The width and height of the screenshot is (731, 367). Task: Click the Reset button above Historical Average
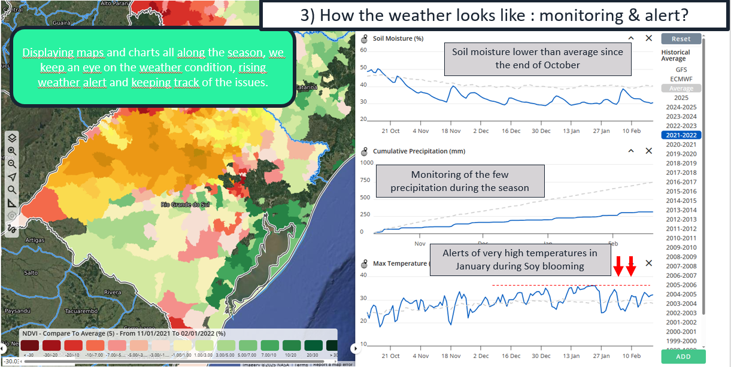click(x=681, y=39)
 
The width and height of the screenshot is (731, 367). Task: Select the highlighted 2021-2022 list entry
click(x=681, y=135)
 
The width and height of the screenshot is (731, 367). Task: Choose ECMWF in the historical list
click(x=681, y=79)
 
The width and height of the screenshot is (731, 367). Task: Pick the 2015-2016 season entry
click(x=681, y=192)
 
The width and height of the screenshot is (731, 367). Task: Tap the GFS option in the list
click(x=681, y=70)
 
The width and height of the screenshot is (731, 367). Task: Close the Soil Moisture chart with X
click(x=649, y=38)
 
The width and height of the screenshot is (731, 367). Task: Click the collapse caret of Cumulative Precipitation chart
click(x=631, y=151)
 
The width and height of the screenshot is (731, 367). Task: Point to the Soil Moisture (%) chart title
click(x=398, y=38)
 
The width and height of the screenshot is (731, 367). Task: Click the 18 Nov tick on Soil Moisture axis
click(x=451, y=131)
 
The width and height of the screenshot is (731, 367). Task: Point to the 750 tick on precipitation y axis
click(x=365, y=180)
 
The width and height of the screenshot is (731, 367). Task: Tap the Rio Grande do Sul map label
click(x=184, y=205)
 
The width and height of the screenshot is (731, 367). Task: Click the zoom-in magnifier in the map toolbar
click(x=12, y=151)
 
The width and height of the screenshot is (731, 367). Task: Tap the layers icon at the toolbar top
click(x=12, y=138)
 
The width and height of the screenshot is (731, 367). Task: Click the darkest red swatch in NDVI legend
click(x=29, y=345)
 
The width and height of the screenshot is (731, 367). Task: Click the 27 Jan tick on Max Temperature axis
click(x=601, y=356)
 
